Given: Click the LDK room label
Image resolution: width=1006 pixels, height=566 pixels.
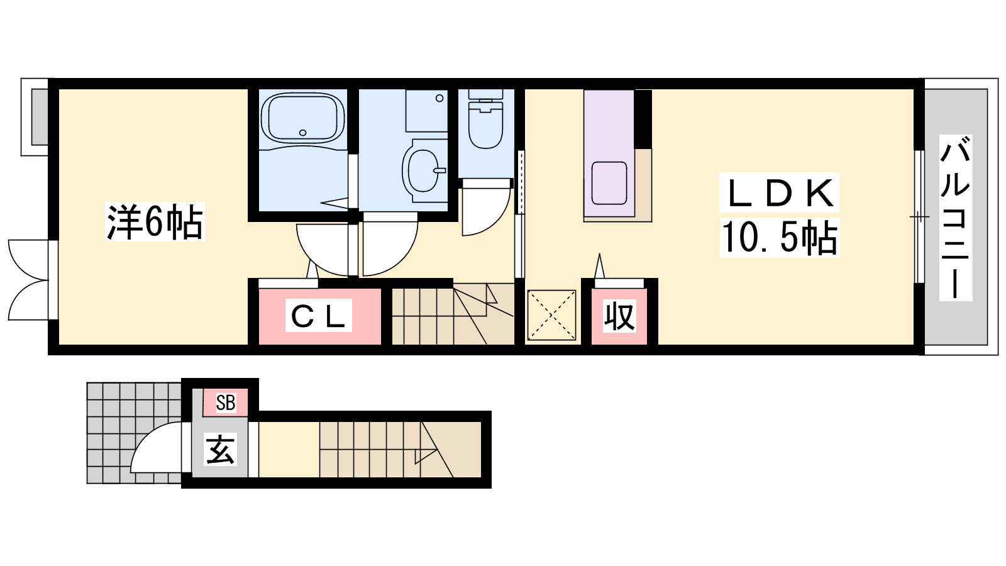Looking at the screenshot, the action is (779, 192).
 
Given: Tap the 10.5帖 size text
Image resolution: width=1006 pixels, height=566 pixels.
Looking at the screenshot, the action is (780, 238).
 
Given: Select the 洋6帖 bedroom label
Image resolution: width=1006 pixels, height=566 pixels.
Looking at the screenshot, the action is (155, 221).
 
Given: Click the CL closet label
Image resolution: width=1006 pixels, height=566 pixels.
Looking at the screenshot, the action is (318, 316).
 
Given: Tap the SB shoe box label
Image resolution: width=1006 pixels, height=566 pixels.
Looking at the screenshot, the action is (226, 402).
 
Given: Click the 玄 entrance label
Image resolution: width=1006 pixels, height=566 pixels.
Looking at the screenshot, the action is (220, 449).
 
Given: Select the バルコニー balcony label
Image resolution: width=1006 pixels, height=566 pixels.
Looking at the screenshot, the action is (956, 218).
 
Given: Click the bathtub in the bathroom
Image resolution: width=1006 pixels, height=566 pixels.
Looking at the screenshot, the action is (302, 117).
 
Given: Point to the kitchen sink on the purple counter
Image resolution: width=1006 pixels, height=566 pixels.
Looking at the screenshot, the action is (609, 183).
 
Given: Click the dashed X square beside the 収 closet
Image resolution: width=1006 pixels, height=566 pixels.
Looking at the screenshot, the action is (551, 315).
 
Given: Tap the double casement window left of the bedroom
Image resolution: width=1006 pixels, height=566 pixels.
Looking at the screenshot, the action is (28, 280).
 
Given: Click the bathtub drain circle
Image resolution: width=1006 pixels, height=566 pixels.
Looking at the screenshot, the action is (302, 133).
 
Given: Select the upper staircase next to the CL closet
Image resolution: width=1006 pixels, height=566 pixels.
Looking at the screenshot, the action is (453, 314).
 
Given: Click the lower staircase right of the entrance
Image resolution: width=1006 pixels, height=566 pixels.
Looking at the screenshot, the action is (400, 449).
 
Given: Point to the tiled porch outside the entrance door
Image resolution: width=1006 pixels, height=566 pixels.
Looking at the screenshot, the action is (134, 433).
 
